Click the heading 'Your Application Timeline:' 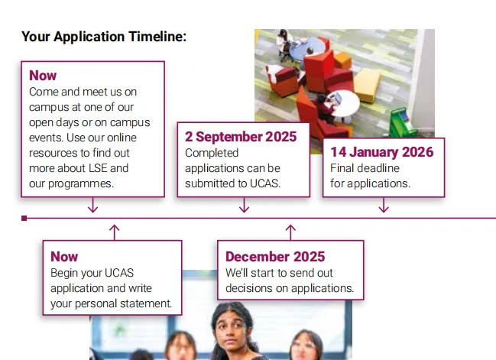pos(104,37)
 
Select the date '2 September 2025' pos(241,137)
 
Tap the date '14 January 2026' pos(382,152)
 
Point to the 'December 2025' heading pos(275,257)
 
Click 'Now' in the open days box pos(43,76)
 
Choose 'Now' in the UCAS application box pos(64,257)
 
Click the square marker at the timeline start pos(24,218)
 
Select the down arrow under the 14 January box pos(384,205)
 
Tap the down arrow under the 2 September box pos(244,205)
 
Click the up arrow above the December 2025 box pos(290,232)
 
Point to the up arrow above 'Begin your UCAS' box pos(114,232)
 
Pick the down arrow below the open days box pos(92,205)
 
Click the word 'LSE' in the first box pos(98,168)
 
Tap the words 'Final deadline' pos(365,168)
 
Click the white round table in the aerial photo pos(343,103)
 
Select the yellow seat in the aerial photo pos(367,85)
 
